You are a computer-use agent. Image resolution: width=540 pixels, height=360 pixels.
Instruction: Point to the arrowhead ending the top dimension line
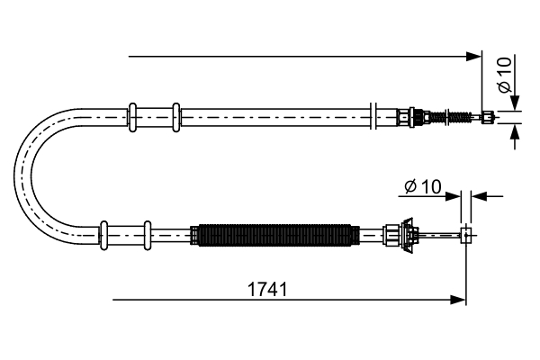(476, 57)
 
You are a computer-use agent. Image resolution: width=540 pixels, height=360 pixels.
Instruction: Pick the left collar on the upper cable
(133, 114)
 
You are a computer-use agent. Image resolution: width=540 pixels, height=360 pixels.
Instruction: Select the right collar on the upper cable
(175, 114)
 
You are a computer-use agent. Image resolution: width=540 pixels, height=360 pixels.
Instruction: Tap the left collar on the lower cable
(105, 235)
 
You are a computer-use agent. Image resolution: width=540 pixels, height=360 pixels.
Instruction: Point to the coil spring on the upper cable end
(455, 116)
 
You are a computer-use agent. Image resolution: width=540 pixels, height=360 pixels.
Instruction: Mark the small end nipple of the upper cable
(489, 116)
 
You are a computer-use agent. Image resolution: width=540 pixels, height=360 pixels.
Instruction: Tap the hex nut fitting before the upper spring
(416, 116)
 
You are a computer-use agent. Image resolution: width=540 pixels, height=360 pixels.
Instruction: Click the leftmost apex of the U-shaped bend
(18, 175)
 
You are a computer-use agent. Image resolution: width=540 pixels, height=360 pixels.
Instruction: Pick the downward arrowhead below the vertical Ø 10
(514, 103)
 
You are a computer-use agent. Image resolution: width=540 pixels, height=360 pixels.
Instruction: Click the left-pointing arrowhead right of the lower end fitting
(477, 195)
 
